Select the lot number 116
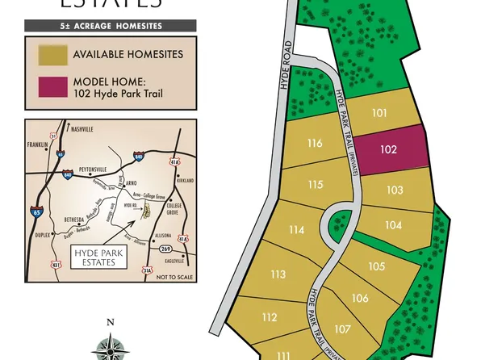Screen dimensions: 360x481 coord(315,144)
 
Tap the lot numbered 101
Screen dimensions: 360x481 coord(379,113)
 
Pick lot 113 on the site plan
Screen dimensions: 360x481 coord(278,274)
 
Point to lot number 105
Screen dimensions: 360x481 coord(376,266)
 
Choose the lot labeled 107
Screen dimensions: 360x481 coord(342,329)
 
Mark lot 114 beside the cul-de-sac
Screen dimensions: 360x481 coord(296,230)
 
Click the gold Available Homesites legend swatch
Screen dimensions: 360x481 coord(52,55)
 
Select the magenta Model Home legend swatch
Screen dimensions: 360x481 coord(52,87)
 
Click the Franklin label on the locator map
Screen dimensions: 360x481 coord(38,144)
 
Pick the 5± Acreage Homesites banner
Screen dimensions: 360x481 coord(111,26)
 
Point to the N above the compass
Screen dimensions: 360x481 coord(111,322)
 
